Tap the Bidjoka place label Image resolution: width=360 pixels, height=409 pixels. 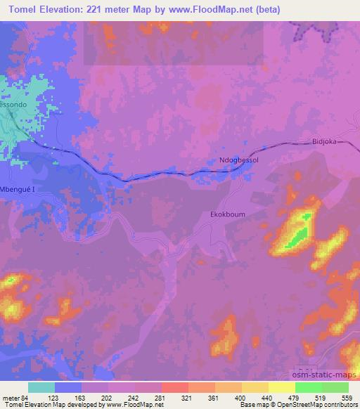tap(325, 141)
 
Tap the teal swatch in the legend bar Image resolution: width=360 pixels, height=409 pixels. tap(41, 387)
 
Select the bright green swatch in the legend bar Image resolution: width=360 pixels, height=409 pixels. tap(308, 387)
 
